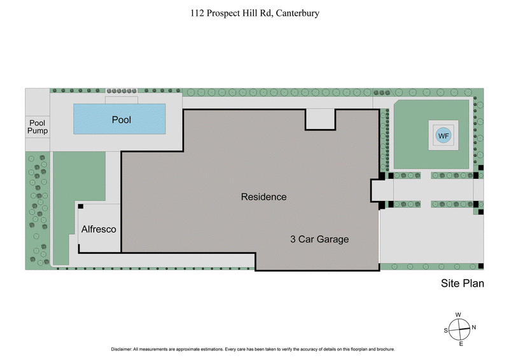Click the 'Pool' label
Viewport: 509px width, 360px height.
122,120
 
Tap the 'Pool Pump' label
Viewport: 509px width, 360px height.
38,126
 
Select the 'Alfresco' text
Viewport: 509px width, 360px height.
98,230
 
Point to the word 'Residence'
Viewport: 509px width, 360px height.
263,197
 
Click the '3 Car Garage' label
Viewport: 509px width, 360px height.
320,240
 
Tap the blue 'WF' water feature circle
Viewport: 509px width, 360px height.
443,135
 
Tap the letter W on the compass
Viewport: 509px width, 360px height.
459,314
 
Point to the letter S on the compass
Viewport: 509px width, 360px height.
446,330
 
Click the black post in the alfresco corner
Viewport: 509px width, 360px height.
81,207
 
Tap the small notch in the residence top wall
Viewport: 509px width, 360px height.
320,119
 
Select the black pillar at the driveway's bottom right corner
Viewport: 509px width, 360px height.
481,266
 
